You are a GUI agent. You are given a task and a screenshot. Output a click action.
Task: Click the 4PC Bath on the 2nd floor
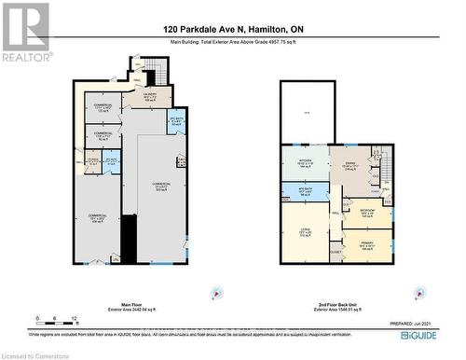(304, 191)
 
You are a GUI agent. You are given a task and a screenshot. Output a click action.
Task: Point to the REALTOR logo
(24, 32)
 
